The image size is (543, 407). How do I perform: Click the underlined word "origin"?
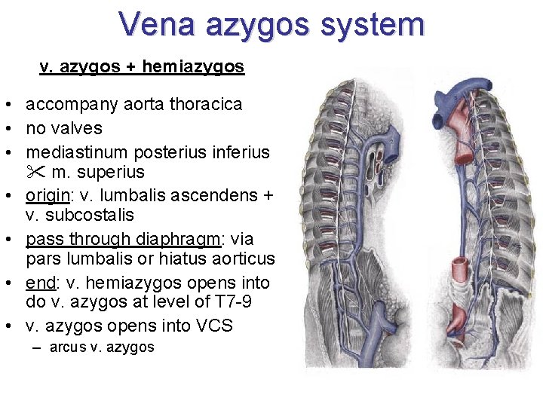(x=47, y=196)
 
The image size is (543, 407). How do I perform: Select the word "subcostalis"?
(x=90, y=216)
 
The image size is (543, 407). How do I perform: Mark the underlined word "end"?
(x=40, y=283)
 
